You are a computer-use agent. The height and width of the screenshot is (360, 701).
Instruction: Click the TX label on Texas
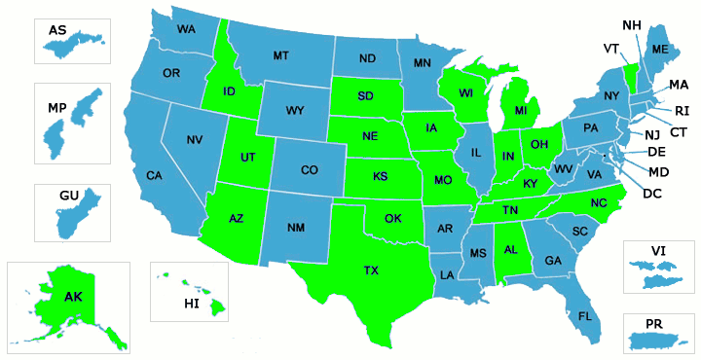pos(371,270)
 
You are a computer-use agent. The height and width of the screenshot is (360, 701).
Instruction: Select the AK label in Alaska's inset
pos(74,297)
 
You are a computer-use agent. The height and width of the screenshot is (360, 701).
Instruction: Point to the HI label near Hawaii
pos(191,305)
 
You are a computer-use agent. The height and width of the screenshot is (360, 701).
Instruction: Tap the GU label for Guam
pos(68,196)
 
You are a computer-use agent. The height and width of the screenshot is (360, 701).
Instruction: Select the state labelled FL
pos(585,316)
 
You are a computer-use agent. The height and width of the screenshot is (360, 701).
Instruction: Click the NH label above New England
pos(632,25)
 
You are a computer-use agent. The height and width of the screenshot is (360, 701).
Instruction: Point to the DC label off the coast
pos(654,193)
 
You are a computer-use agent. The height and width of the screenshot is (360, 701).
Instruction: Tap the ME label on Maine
pos(660,49)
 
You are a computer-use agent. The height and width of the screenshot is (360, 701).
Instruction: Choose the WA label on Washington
pos(185,29)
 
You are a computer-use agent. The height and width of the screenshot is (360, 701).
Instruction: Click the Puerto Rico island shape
pos(659,341)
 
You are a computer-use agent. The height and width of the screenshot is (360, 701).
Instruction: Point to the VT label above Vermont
pos(611,48)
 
